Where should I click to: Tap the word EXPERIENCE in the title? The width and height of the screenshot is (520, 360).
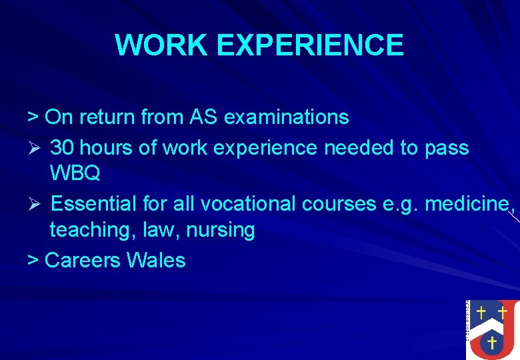coord(310,45)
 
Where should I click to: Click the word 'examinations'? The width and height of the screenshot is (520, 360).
coord(287,117)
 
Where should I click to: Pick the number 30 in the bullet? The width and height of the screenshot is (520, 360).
coord(63,147)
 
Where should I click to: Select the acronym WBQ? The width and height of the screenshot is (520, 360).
coord(75,174)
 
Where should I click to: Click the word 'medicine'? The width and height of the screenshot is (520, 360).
coord(467,203)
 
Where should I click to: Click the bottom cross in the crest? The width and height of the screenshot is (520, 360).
coord(491,343)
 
